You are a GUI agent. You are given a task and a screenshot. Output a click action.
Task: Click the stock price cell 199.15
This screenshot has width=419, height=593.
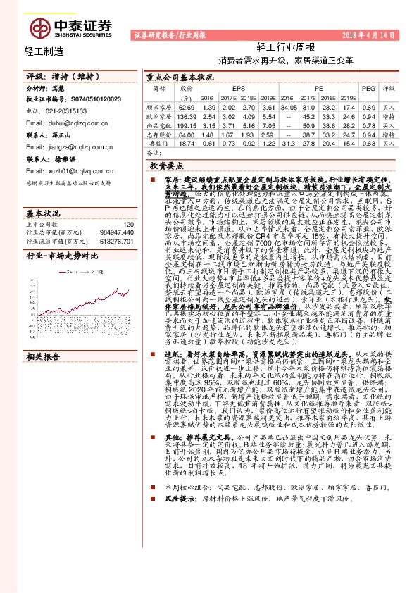pos(186,124)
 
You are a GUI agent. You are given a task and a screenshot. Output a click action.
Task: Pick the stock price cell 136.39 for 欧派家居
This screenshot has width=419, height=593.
pos(186,116)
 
